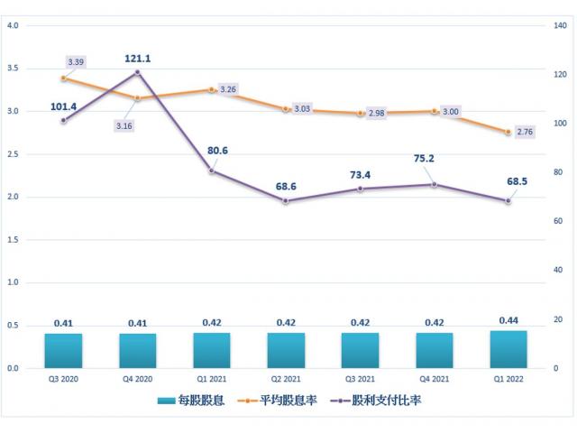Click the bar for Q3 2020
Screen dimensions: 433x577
pos(63,351)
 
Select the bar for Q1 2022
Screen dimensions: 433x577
pos(508,349)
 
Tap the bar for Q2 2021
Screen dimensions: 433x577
pos(286,350)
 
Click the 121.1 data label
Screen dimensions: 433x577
pos(137,59)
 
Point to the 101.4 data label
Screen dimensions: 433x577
pos(63,106)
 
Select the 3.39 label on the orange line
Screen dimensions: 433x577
pos(76,62)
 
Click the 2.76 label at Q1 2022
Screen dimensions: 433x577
pos(525,132)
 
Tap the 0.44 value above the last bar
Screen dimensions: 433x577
pos(508,320)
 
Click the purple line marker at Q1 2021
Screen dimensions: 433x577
pos(212,170)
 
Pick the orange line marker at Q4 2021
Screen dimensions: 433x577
pos(435,111)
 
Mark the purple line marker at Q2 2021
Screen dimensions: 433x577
pos(286,200)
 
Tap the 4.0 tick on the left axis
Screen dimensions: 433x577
pos(14,25)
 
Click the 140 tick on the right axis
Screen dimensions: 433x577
pos(560,25)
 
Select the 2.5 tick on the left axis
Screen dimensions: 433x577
pos(14,154)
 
